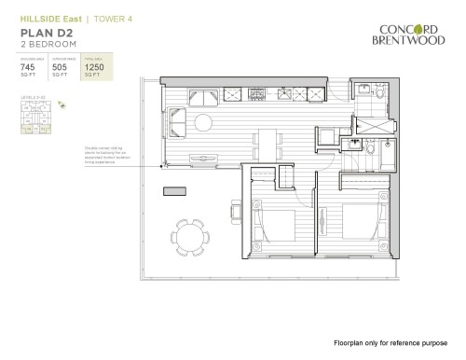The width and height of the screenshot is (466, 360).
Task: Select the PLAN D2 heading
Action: [42, 33]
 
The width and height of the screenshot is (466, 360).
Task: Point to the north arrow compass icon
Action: [62, 107]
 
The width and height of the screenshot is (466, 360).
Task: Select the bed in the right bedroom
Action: [356, 225]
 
